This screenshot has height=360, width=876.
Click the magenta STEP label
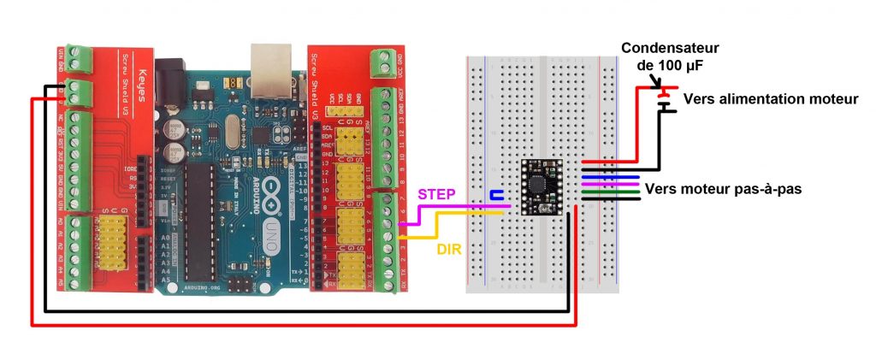[x=435, y=195]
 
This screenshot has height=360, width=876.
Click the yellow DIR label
[x=450, y=250]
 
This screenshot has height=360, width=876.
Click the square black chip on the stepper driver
[x=539, y=182]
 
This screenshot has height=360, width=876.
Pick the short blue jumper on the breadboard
[x=495, y=196]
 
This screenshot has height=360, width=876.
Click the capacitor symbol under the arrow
[x=661, y=98]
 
